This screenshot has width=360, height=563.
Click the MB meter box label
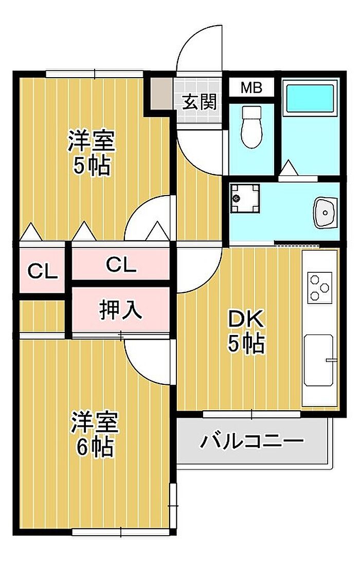(x=251, y=87)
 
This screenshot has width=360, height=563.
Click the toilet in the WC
(x=251, y=127)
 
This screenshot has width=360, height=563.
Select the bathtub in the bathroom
(x=310, y=98)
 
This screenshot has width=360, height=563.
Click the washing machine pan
(x=245, y=198)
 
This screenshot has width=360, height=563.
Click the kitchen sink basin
(x=318, y=360)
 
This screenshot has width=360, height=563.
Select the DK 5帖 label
(x=246, y=331)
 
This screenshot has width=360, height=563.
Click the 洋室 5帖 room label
(x=92, y=153)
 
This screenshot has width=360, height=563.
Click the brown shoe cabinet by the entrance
(x=161, y=93)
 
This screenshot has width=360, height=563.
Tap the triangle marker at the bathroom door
(x=288, y=168)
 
